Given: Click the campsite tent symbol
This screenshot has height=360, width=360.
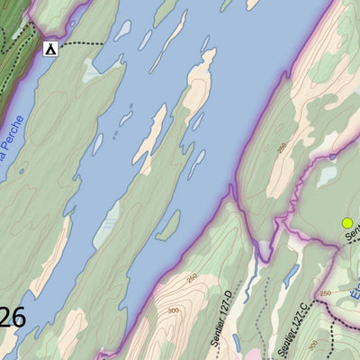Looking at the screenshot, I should pyautogui.click(x=50, y=49).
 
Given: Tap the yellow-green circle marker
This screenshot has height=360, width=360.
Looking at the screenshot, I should pyautogui.click(x=346, y=222).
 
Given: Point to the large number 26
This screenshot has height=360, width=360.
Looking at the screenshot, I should pyautogui.click(x=12, y=317).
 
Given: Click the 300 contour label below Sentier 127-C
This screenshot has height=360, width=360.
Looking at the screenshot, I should pyautogui.click(x=311, y=345).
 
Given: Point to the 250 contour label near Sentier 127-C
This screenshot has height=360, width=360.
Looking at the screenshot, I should pyautogui.click(x=325, y=293).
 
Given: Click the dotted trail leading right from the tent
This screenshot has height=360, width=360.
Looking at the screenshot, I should pyautogui.click(x=85, y=43).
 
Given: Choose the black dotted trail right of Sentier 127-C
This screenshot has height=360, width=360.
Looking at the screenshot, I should pyautogui.click(x=332, y=337).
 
